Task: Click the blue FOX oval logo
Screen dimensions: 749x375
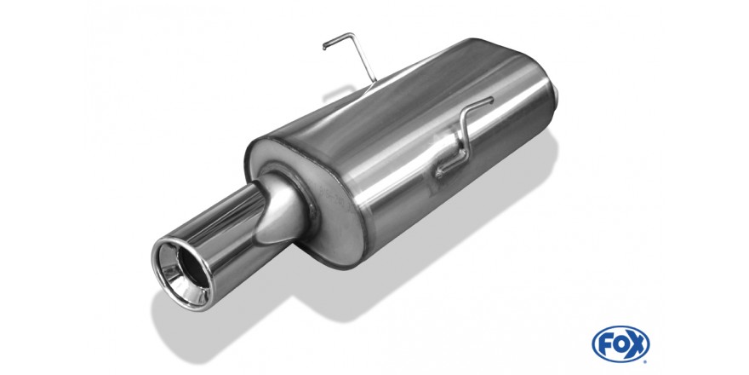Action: (x=620, y=344)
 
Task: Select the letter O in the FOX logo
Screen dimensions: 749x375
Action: (x=620, y=344)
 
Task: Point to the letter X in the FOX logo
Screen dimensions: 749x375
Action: (x=637, y=344)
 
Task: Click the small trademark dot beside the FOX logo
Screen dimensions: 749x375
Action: (x=646, y=361)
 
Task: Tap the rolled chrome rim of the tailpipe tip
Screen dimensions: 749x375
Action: (x=182, y=273)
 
